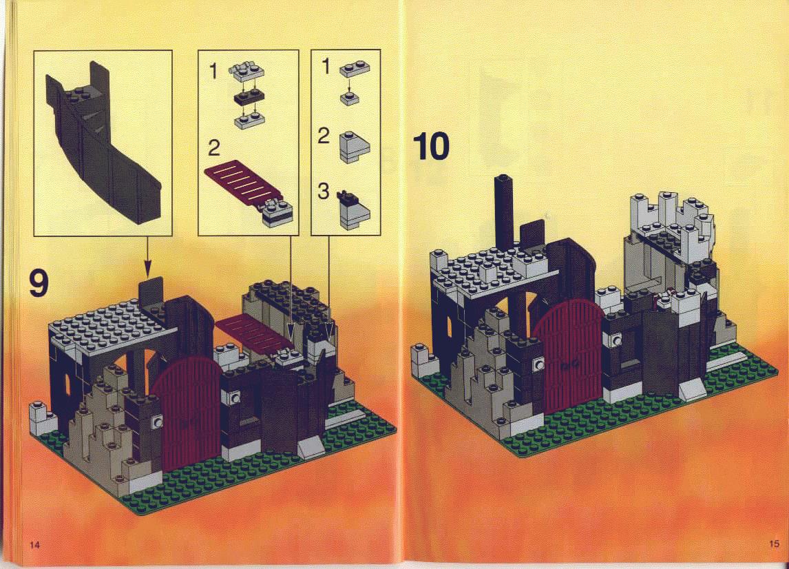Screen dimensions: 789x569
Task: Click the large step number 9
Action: (x=39, y=283)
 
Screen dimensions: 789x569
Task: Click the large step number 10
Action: (x=431, y=146)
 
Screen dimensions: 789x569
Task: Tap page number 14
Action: (x=34, y=544)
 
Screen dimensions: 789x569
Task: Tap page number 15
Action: (x=774, y=544)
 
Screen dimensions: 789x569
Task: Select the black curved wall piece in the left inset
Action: (x=101, y=146)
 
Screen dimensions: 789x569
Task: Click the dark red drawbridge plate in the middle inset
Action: (x=242, y=184)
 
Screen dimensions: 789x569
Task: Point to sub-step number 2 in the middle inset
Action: (x=214, y=148)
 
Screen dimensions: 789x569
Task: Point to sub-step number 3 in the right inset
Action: (x=324, y=191)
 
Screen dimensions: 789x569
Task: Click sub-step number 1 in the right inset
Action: (x=326, y=66)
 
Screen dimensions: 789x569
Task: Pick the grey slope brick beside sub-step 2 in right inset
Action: (x=355, y=147)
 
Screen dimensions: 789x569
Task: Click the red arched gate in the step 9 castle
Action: (x=186, y=413)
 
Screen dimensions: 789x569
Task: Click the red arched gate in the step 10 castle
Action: (x=569, y=355)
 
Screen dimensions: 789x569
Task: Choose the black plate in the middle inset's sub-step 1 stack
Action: (x=248, y=98)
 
